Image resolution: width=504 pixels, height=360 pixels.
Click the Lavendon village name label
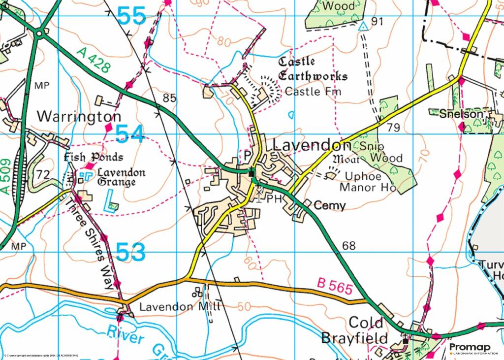click(312, 145)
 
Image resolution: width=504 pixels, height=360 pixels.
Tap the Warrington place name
click(79, 117)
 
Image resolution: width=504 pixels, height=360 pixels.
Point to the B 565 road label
click(335, 287)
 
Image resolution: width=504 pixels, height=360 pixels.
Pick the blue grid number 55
click(132, 16)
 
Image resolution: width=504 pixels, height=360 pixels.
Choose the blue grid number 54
click(130, 134)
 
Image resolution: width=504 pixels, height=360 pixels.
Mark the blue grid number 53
click(131, 252)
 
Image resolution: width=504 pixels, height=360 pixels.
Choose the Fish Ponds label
click(94, 158)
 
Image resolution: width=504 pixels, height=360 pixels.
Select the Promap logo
click(470, 349)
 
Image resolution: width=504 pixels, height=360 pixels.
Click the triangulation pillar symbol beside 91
click(363, 26)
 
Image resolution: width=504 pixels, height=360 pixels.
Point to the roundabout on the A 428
click(39, 33)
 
